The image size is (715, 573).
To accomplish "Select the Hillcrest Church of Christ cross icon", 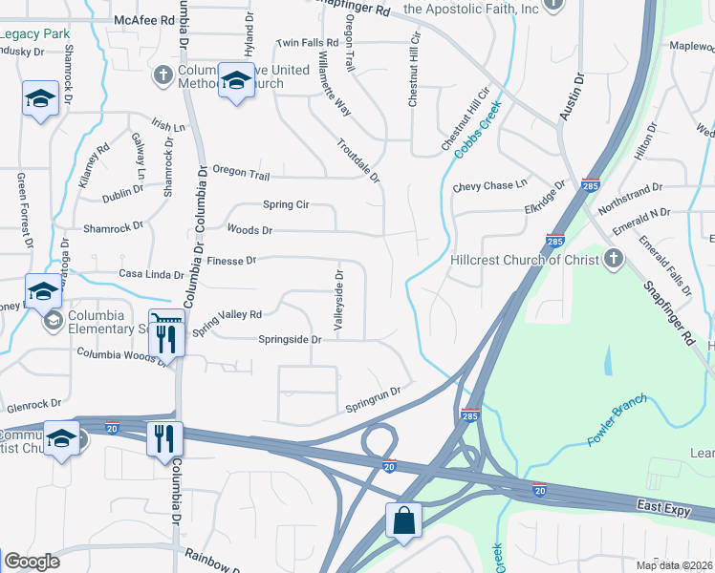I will click(x=614, y=259).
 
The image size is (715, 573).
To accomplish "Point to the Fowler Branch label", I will click(x=617, y=421).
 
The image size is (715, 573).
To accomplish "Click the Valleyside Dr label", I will click(x=338, y=300).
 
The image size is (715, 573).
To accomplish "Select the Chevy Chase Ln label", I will click(x=490, y=185).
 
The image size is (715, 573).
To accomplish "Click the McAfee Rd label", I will click(x=143, y=19).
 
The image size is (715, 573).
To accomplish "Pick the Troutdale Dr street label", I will click(x=358, y=160).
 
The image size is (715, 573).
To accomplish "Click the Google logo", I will click(x=32, y=562).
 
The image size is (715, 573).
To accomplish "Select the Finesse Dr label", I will click(x=231, y=260).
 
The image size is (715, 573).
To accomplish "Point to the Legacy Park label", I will click(x=34, y=34).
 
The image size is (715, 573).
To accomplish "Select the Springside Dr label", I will click(x=290, y=339).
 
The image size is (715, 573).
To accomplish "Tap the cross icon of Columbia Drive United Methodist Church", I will click(x=162, y=74).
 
